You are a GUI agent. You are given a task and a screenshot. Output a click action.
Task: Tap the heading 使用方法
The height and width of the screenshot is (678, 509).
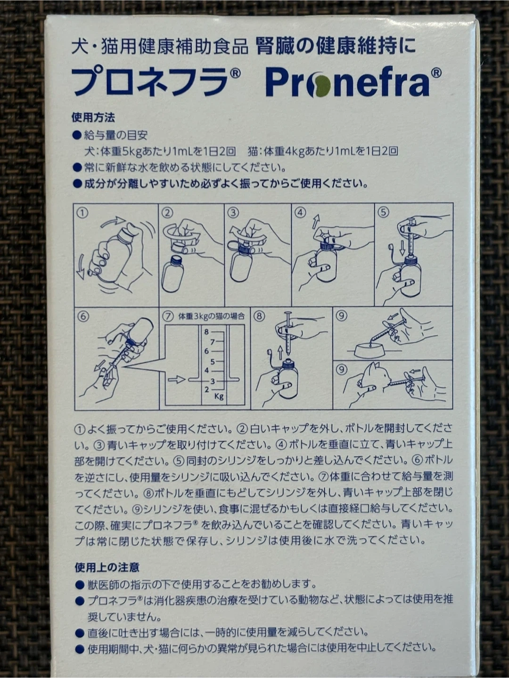93,117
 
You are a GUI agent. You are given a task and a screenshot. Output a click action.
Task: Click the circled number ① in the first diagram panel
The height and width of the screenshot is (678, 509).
82,213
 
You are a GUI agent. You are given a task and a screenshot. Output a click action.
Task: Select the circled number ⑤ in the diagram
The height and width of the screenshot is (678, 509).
384,212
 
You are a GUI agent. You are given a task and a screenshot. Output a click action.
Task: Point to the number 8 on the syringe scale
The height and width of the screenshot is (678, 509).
206,332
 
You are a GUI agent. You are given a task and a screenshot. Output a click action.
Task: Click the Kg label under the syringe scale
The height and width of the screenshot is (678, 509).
219,396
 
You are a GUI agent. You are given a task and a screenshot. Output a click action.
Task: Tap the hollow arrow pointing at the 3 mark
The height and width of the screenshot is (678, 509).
176,379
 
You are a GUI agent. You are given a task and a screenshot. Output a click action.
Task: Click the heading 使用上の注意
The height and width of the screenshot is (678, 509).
107,567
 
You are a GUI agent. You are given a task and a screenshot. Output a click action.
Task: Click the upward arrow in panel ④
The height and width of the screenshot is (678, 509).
316,221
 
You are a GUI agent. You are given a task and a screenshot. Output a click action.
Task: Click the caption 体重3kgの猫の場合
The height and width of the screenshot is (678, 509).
212,316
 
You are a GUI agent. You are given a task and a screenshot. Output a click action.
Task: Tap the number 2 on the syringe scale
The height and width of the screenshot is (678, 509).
206,390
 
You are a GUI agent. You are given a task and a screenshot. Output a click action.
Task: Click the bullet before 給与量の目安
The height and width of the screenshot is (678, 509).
76,135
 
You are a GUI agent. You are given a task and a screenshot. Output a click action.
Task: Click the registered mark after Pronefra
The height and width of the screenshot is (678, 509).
436,73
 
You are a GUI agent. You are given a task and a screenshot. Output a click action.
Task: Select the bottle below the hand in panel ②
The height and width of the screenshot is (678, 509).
173,274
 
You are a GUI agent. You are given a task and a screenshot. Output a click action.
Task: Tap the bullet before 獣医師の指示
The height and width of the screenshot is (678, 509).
80,585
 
